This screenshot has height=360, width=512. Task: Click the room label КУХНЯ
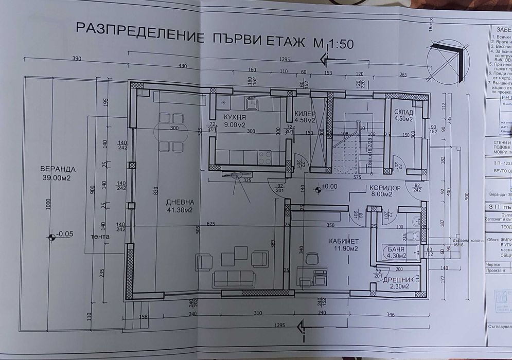pos(234,117)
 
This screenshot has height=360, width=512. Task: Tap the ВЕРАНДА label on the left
pos(59,169)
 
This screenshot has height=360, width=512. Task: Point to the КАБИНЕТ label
pos(344,241)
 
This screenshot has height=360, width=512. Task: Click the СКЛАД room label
pos(403,112)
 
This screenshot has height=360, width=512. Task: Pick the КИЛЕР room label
pos(305,114)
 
